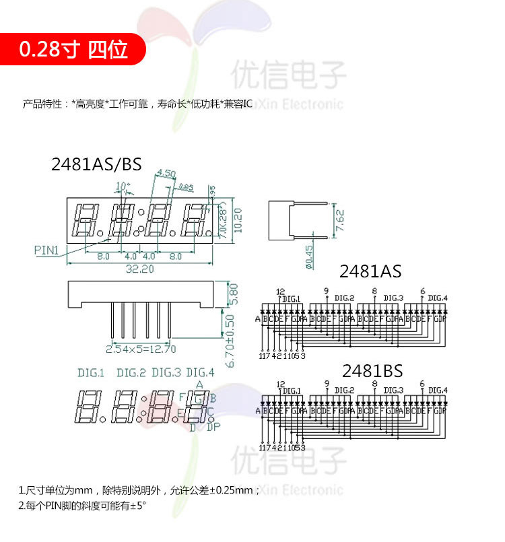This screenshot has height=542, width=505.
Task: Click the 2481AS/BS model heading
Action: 96,165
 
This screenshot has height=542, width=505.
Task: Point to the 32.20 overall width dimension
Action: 139,268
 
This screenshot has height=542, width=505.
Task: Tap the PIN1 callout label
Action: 48,250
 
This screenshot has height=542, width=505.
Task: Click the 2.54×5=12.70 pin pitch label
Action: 141,349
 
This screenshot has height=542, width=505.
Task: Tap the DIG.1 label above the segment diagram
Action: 92,372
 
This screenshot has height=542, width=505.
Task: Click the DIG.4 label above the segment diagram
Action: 200,372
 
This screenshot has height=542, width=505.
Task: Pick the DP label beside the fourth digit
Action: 213,426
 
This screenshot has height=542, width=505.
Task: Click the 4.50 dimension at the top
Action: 166,174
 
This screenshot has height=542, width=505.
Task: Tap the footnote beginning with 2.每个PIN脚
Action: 82,504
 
